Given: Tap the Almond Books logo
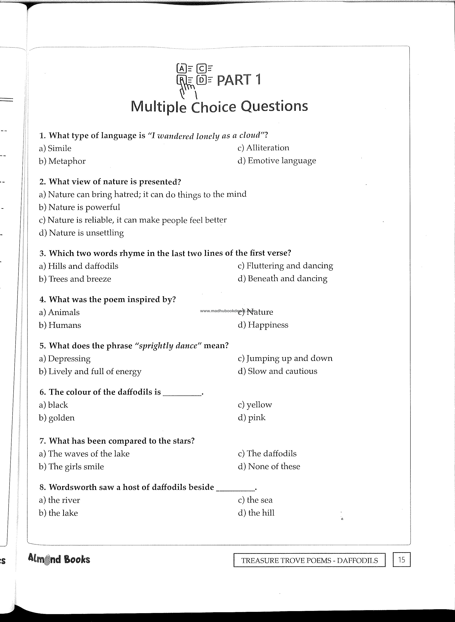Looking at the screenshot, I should [59, 559].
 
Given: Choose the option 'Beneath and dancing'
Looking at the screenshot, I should [283, 278].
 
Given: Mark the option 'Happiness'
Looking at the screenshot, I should [263, 325].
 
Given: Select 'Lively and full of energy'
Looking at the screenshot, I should [90, 371].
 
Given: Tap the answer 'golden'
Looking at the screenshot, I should [57, 418].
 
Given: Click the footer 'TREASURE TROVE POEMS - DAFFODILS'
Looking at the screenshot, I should [309, 560].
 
